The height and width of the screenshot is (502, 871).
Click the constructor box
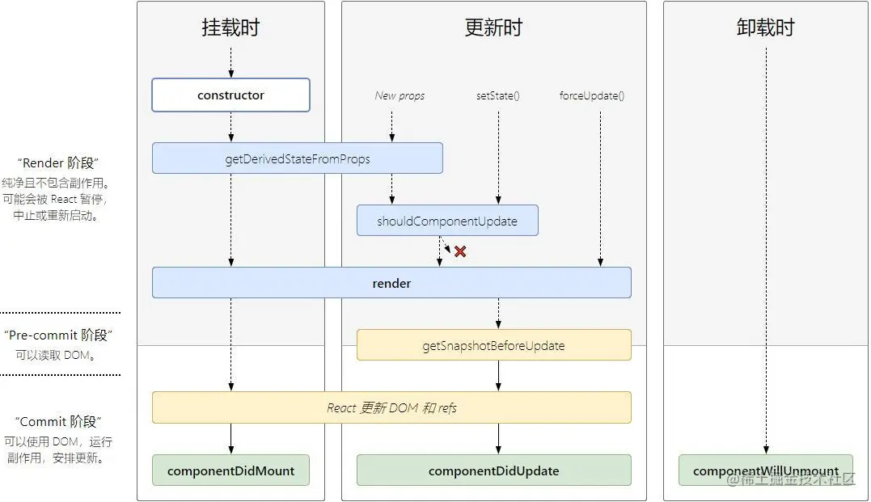[230, 95]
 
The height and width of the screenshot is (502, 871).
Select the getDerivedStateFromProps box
[297, 158]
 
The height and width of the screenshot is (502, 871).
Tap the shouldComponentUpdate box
[446, 221]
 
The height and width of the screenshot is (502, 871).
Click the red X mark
[460, 251]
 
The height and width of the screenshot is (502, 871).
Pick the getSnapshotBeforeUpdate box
[493, 345]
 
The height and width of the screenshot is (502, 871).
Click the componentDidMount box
[230, 470]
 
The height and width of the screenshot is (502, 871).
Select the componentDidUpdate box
[493, 470]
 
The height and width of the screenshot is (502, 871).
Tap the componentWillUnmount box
[765, 470]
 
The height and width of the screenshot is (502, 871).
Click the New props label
[400, 95]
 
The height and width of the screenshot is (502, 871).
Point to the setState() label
[498, 95]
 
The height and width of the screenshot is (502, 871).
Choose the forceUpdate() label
[591, 95]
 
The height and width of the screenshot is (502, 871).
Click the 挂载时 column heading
[230, 27]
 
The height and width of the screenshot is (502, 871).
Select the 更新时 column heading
[493, 27]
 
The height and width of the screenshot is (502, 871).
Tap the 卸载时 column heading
[765, 27]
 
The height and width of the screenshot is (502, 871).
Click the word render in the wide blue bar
[391, 284]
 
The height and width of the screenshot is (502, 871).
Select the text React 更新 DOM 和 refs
[391, 408]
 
